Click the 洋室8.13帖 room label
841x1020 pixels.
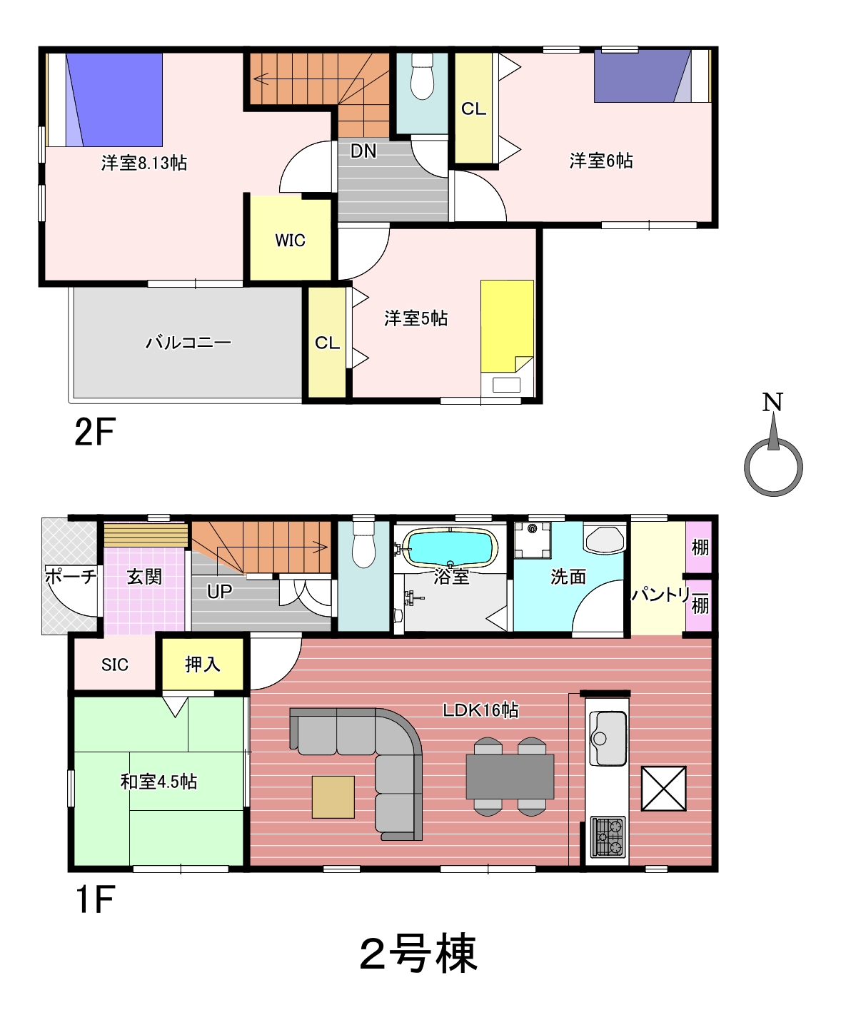click(144, 163)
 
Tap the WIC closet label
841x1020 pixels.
click(291, 240)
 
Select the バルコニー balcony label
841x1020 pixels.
click(188, 342)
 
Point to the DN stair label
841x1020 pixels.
click(363, 151)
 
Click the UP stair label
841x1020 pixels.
click(219, 592)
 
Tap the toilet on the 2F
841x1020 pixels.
click(422, 76)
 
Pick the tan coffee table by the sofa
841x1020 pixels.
click(333, 797)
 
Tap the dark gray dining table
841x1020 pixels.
click(510, 776)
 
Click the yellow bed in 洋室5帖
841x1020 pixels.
click(507, 325)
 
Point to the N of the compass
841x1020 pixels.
click(772, 402)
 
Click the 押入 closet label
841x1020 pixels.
click(202, 665)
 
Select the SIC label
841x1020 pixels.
click(115, 665)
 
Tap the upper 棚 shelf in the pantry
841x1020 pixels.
click(700, 547)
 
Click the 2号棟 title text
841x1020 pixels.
click(418, 953)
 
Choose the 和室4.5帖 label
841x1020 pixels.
click(158, 782)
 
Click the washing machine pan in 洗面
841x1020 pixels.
click(533, 540)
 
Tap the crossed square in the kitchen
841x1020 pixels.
click(664, 789)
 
